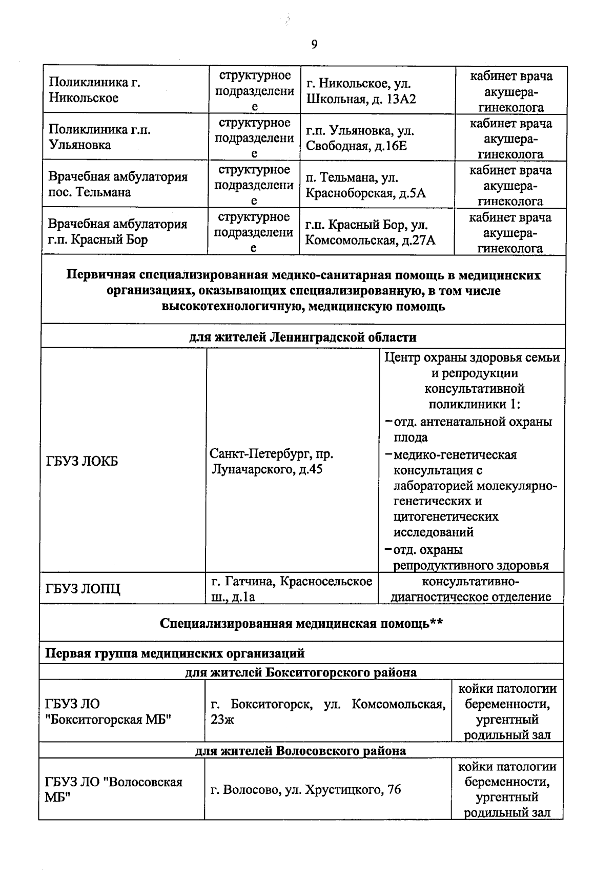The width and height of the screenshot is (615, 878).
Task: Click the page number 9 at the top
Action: coord(314,45)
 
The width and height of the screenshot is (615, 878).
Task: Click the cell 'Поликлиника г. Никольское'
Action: coord(95,90)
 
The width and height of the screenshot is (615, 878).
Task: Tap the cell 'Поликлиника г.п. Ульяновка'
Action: coord(99,137)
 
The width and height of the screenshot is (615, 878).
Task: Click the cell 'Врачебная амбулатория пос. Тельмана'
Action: coord(118,184)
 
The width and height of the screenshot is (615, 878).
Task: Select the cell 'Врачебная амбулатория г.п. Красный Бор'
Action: coord(118,231)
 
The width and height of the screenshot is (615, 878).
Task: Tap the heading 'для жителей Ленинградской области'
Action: coord(303,337)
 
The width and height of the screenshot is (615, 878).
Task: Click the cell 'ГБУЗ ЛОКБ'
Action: coord(82,461)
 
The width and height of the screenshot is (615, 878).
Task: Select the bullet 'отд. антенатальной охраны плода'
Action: coord(471,430)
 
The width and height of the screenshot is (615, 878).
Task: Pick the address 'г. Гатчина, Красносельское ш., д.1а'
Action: coord(291,589)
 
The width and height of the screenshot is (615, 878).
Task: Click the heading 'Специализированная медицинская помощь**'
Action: coord(301,623)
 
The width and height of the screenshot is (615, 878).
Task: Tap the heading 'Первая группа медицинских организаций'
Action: coord(175,653)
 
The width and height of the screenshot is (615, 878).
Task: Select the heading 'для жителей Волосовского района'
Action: coord(301,751)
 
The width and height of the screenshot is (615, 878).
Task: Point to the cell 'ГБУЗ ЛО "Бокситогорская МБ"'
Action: coord(108,712)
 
